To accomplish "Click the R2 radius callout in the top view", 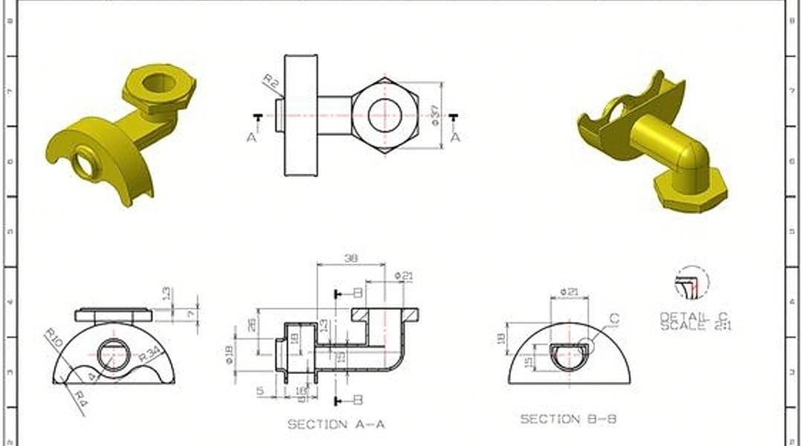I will [271, 81].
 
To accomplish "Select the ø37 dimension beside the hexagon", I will [434, 114].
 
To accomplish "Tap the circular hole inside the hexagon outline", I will [384, 115].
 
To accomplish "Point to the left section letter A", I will [251, 137].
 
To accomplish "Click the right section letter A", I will [455, 137].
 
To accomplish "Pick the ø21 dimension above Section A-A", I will [403, 276].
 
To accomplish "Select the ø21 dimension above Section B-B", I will [569, 291].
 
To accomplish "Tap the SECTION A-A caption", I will [336, 424].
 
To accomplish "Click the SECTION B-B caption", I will [568, 419].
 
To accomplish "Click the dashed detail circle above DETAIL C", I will [691, 282].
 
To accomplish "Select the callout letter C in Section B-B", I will [614, 319].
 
